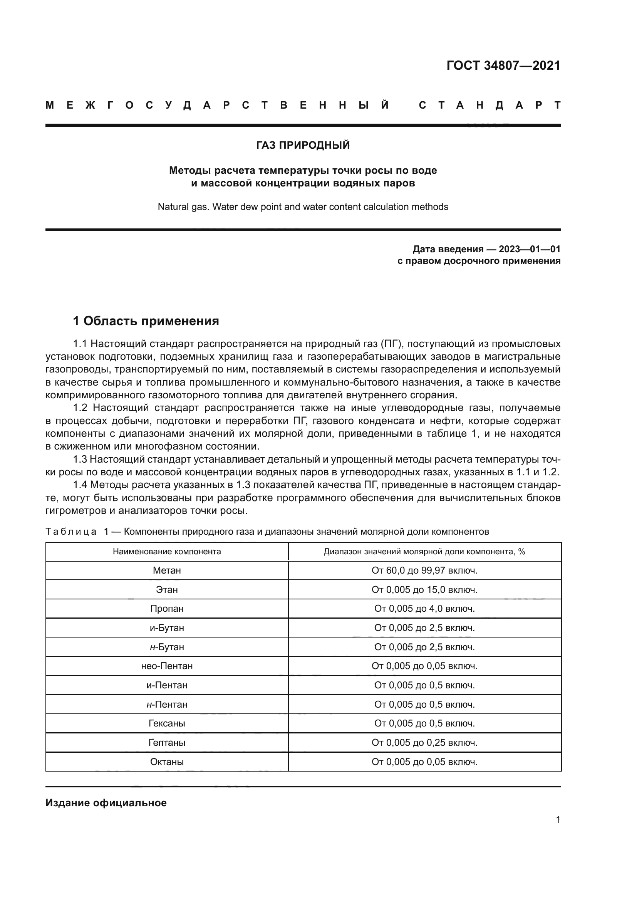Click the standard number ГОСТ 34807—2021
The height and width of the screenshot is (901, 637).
coord(503,65)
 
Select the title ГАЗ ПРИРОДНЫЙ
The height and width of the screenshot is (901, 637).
coord(303,145)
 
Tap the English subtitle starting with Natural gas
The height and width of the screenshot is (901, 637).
coord(303,207)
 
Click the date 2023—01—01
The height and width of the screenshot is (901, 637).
coord(530,249)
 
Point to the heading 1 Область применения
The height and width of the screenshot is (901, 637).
coord(146,321)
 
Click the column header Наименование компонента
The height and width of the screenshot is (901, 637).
coord(167,551)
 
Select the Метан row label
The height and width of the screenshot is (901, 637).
coord(167,570)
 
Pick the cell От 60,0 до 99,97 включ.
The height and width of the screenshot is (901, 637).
coord(424,570)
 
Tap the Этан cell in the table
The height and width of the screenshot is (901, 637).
coord(167,589)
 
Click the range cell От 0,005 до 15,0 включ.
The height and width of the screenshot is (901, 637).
coord(424,589)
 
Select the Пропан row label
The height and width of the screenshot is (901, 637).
coord(167,609)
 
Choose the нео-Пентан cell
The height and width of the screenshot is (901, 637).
coord(167,666)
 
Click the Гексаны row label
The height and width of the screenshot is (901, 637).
coord(167,723)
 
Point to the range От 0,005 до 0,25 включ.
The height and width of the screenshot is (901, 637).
coord(424,742)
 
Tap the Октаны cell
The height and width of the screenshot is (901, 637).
coord(167,762)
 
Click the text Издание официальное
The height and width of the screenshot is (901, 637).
coord(106,803)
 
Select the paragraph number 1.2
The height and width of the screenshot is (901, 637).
coord(80,408)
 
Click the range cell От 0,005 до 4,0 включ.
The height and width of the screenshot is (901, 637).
coord(424,609)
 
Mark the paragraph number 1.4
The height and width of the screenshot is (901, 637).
coord(80,485)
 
